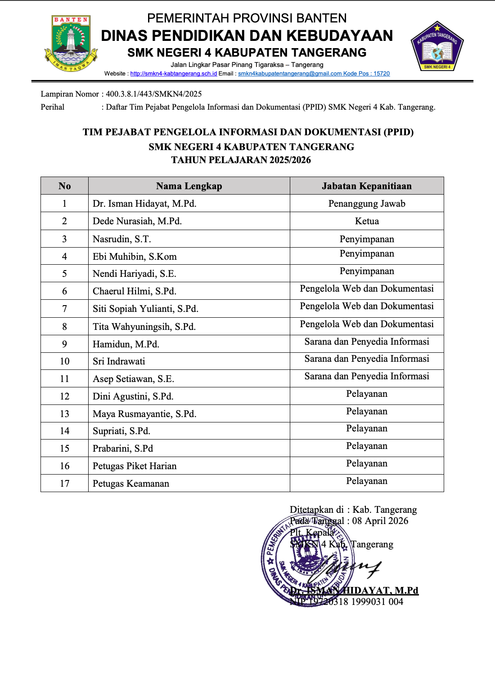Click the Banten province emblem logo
pyautogui.click(x=71, y=43)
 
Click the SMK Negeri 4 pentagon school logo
pyautogui.click(x=437, y=46)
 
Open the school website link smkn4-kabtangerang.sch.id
pyautogui.click(x=174, y=74)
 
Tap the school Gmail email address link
pyautogui.click(x=290, y=74)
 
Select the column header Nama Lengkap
pyautogui.click(x=189, y=186)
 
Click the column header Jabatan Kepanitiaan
pyautogui.click(x=367, y=186)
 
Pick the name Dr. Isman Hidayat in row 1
pyautogui.click(x=144, y=204)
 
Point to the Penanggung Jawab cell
pyautogui.click(x=367, y=204)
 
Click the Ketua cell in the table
pyautogui.click(x=367, y=221)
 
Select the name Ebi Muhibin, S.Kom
pyautogui.click(x=135, y=257)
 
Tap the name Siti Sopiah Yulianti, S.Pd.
pyautogui.click(x=145, y=309)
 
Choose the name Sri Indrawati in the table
pyautogui.click(x=119, y=361)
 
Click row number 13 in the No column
pyautogui.click(x=64, y=414)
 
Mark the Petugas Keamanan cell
pyautogui.click(x=131, y=484)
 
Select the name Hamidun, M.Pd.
pyautogui.click(x=126, y=344)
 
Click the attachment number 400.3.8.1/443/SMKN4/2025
pyautogui.click(x=154, y=94)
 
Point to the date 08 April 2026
pyautogui.click(x=380, y=521)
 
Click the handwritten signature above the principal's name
pyautogui.click(x=351, y=567)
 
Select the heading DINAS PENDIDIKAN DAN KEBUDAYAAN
pyautogui.click(x=247, y=36)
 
